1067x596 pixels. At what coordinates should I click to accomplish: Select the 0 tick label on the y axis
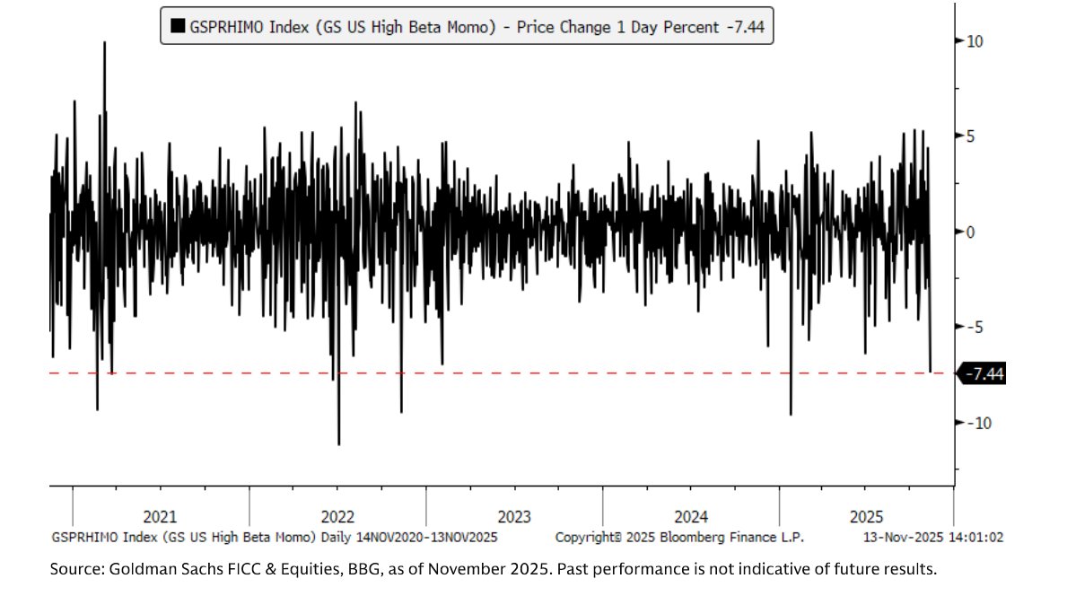[970, 232]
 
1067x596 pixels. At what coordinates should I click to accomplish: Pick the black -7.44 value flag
[984, 373]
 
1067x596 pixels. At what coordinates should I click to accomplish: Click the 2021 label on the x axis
[160, 517]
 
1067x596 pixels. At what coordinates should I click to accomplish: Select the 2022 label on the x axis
[337, 517]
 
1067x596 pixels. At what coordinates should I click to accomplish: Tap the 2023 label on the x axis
[513, 517]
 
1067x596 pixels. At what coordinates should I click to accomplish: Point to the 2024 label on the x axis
[690, 517]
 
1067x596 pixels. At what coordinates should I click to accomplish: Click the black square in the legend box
[177, 27]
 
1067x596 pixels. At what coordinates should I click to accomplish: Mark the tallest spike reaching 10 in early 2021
[104, 43]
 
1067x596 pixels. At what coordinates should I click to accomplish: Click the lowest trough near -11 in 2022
[338, 443]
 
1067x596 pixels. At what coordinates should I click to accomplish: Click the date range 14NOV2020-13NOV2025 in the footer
[428, 537]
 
